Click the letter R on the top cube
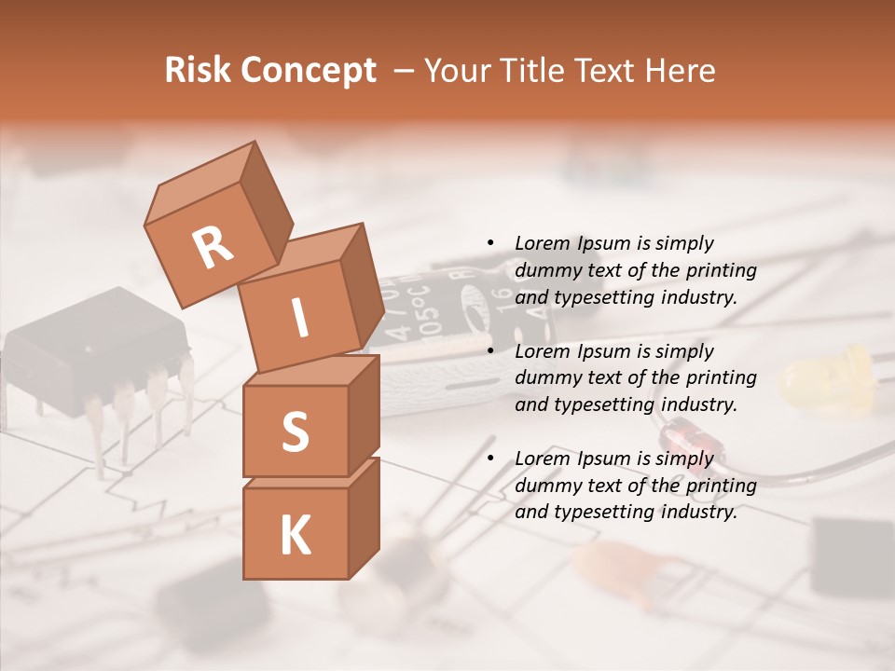(x=213, y=248)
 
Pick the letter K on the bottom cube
(x=295, y=535)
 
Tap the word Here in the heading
(x=680, y=71)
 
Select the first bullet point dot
(x=491, y=243)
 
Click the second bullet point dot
(x=491, y=351)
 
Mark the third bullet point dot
(x=491, y=459)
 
